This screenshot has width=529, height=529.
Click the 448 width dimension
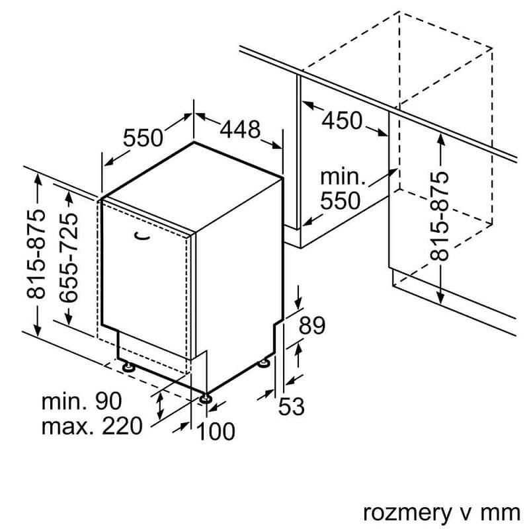pyautogui.click(x=240, y=130)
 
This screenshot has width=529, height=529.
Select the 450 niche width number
pyautogui.click(x=342, y=120)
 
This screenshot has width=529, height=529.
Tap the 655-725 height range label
pyautogui.click(x=69, y=257)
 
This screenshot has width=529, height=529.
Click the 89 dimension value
pyautogui.click(x=312, y=325)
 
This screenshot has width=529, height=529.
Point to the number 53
pyautogui.click(x=291, y=406)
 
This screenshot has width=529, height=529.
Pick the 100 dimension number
pyautogui.click(x=216, y=431)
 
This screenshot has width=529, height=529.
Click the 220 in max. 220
pyautogui.click(x=122, y=426)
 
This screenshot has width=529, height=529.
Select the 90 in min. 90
pyautogui.click(x=108, y=401)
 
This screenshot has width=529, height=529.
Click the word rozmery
pyautogui.click(x=407, y=514)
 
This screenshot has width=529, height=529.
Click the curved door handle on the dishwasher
pyautogui.click(x=142, y=236)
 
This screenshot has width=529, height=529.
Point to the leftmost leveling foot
pyautogui.click(x=128, y=366)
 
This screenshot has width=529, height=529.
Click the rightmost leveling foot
pyautogui.click(x=263, y=363)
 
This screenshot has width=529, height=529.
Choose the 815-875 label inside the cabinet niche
pyautogui.click(x=439, y=216)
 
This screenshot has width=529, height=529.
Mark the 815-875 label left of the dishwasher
pyautogui.click(x=36, y=254)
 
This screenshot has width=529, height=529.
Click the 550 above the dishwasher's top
pyautogui.click(x=143, y=138)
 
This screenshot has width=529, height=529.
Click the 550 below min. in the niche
pyautogui.click(x=341, y=201)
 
